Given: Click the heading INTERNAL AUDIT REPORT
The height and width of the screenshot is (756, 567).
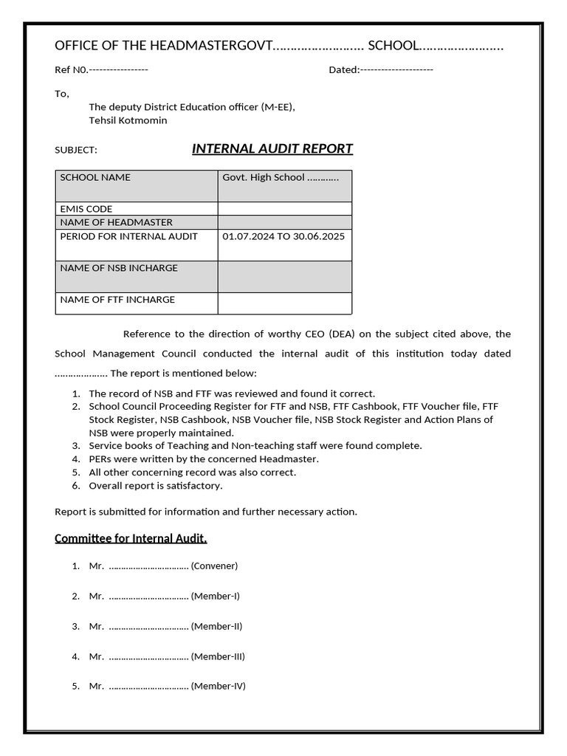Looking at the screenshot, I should pos(272,149).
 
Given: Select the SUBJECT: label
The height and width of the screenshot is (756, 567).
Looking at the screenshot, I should pos(76,151).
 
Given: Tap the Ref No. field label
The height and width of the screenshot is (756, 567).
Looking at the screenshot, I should pos(72,70).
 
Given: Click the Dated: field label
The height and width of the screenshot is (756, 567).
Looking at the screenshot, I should pos(343,70).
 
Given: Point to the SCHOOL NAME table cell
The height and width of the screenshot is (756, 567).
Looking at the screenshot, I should pos(95,178).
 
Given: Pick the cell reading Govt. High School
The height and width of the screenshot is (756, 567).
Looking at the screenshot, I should pos(281,178).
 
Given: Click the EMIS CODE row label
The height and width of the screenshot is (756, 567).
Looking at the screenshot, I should pos(86,209).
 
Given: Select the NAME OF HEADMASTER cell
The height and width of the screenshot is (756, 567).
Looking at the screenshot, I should pos(116,222).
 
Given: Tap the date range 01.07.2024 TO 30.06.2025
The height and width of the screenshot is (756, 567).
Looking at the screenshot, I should pos(283,236).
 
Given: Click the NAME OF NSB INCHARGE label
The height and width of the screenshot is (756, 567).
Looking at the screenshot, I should pos(119,268).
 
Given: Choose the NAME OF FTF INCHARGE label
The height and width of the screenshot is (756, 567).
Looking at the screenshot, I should pos(117,300).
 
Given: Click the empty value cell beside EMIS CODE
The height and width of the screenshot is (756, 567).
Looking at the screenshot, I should pos(284,209).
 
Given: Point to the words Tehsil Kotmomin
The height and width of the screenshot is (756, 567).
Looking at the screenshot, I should pos(128,120).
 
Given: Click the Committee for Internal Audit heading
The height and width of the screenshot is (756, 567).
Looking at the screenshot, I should pos(131,538).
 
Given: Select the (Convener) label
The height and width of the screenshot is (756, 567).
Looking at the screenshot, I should pos(214,566).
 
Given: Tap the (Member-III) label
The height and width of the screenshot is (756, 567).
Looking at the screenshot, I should pos(218,656).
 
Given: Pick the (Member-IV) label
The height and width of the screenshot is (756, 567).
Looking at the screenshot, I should pos(218,686).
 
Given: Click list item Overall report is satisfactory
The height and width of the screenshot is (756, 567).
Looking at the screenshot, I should pos(155,486).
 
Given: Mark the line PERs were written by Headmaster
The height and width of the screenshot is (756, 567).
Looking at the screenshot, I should pos(204,459).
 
